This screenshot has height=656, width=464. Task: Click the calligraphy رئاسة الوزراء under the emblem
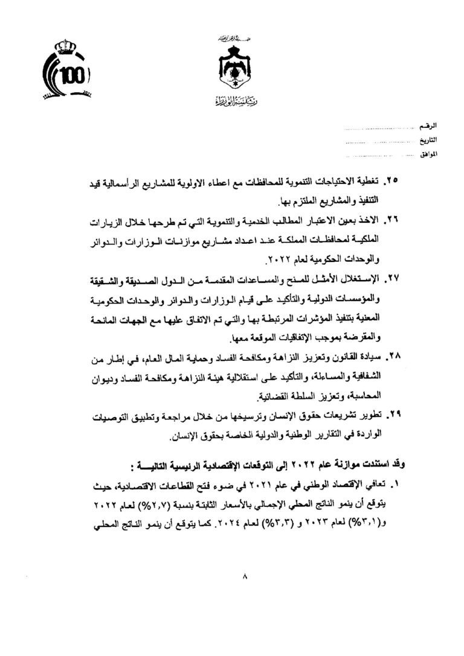point(231,100)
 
